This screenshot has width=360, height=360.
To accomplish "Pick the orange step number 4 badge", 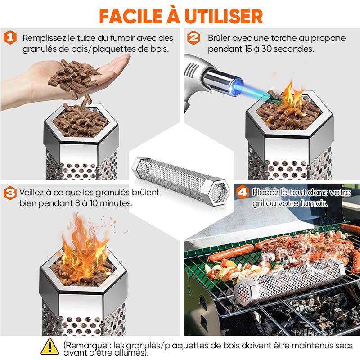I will click(242, 193).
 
